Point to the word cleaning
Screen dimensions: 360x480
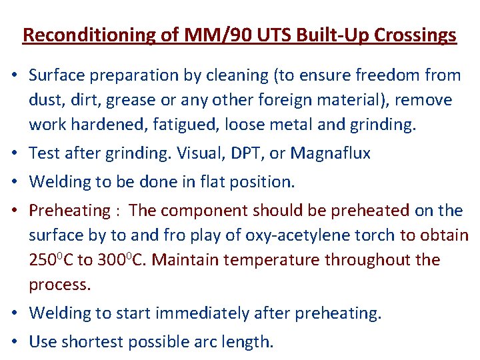tap(228, 75)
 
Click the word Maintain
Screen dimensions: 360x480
tap(180, 259)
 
